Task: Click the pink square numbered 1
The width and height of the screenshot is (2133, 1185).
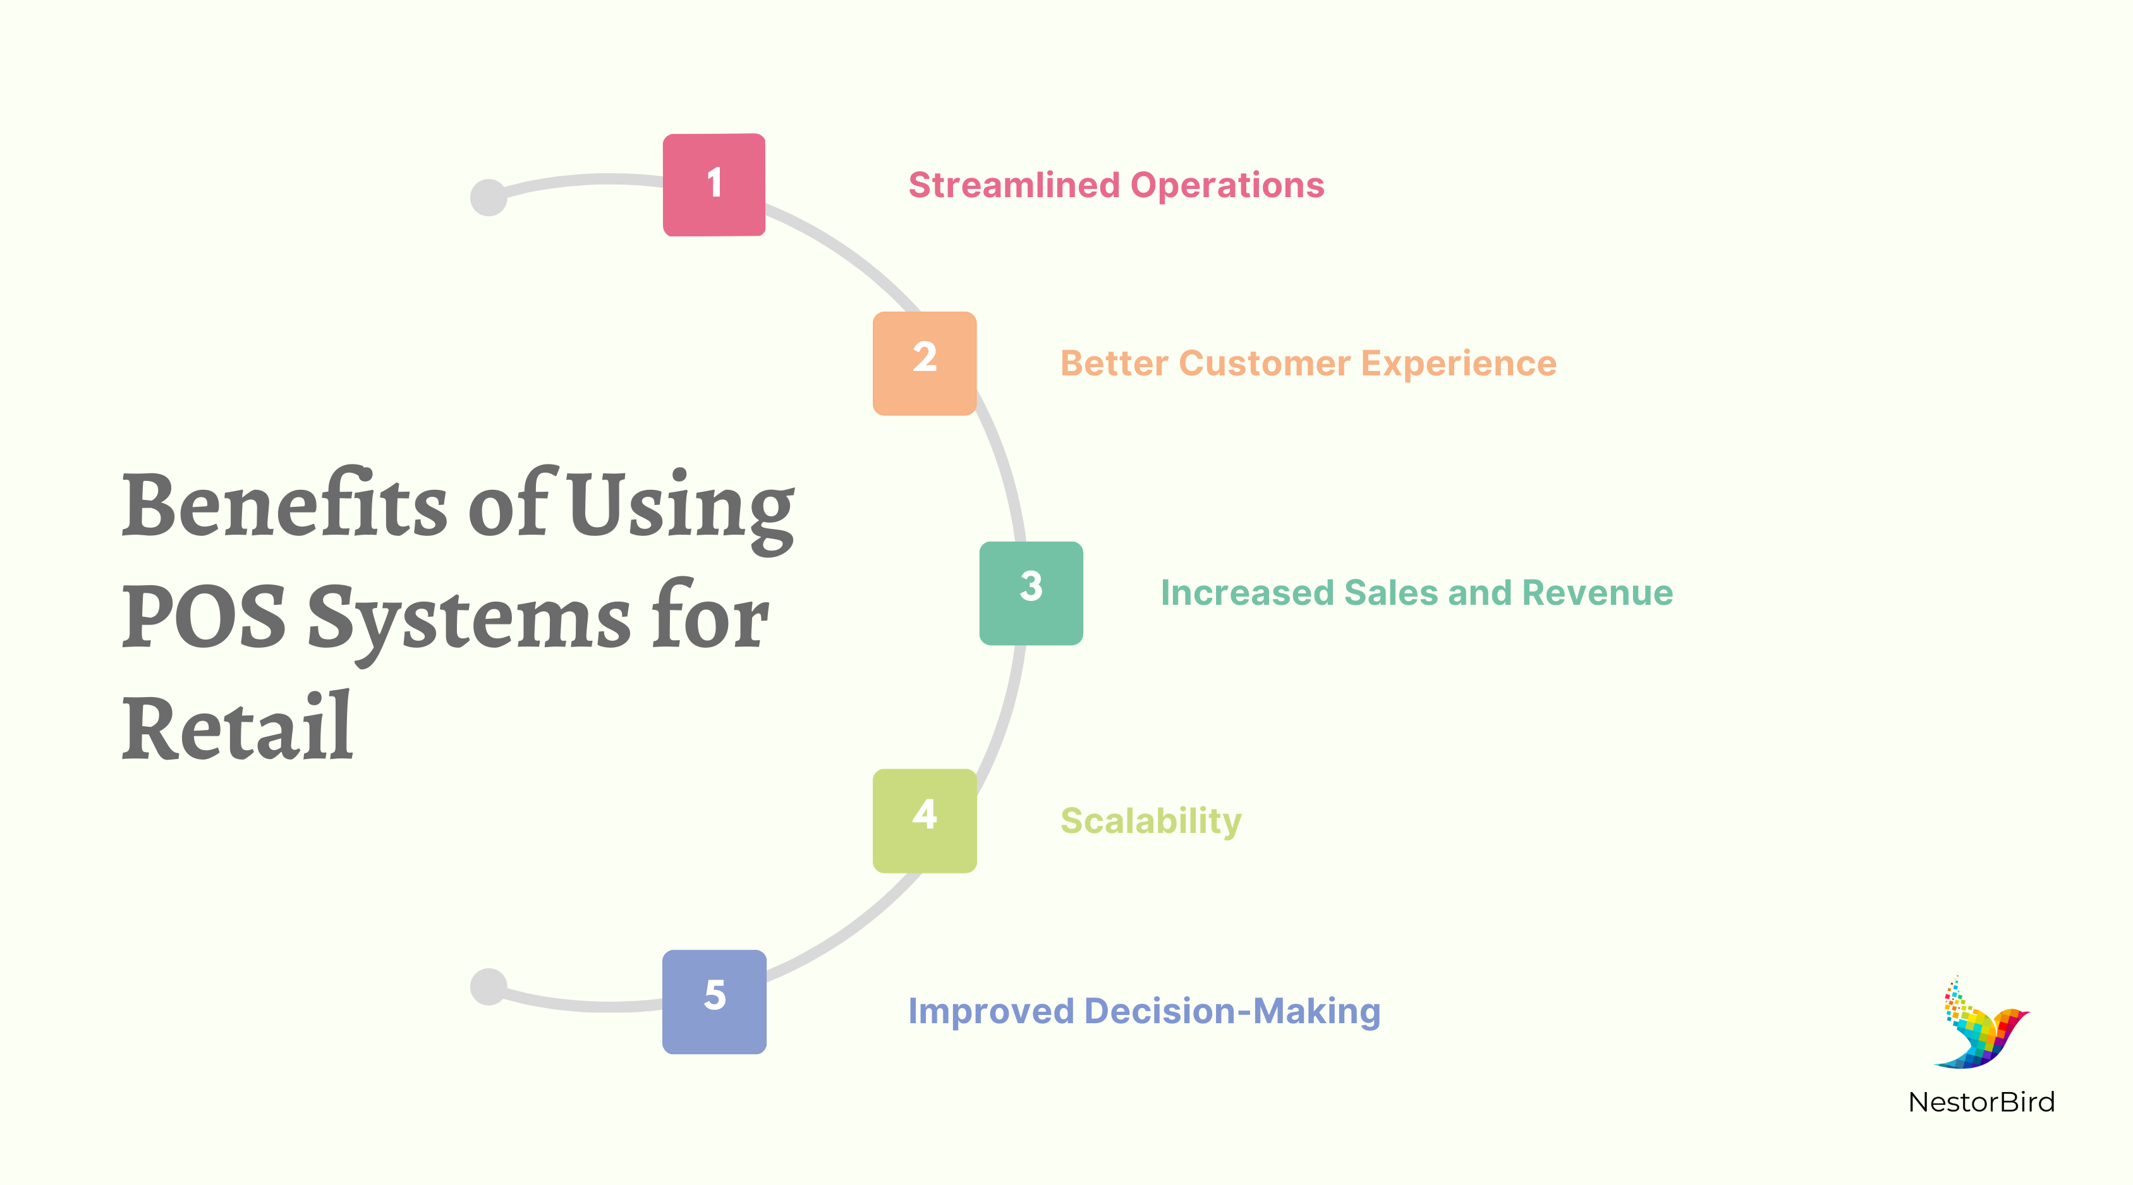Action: [714, 185]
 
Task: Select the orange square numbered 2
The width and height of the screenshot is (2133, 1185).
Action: [924, 363]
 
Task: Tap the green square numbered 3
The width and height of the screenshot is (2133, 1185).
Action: [1031, 593]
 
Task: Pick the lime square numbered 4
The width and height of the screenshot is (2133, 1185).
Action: [924, 820]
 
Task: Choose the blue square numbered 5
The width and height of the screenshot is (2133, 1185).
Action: [714, 1001]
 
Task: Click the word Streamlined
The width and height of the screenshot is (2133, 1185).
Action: [1014, 185]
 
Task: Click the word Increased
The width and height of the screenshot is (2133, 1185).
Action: [1247, 593]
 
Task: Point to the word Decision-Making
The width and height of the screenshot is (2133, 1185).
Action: [1232, 1011]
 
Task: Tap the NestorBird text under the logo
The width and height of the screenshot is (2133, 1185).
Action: [1981, 1102]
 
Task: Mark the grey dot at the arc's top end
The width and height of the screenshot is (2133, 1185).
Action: [489, 197]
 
